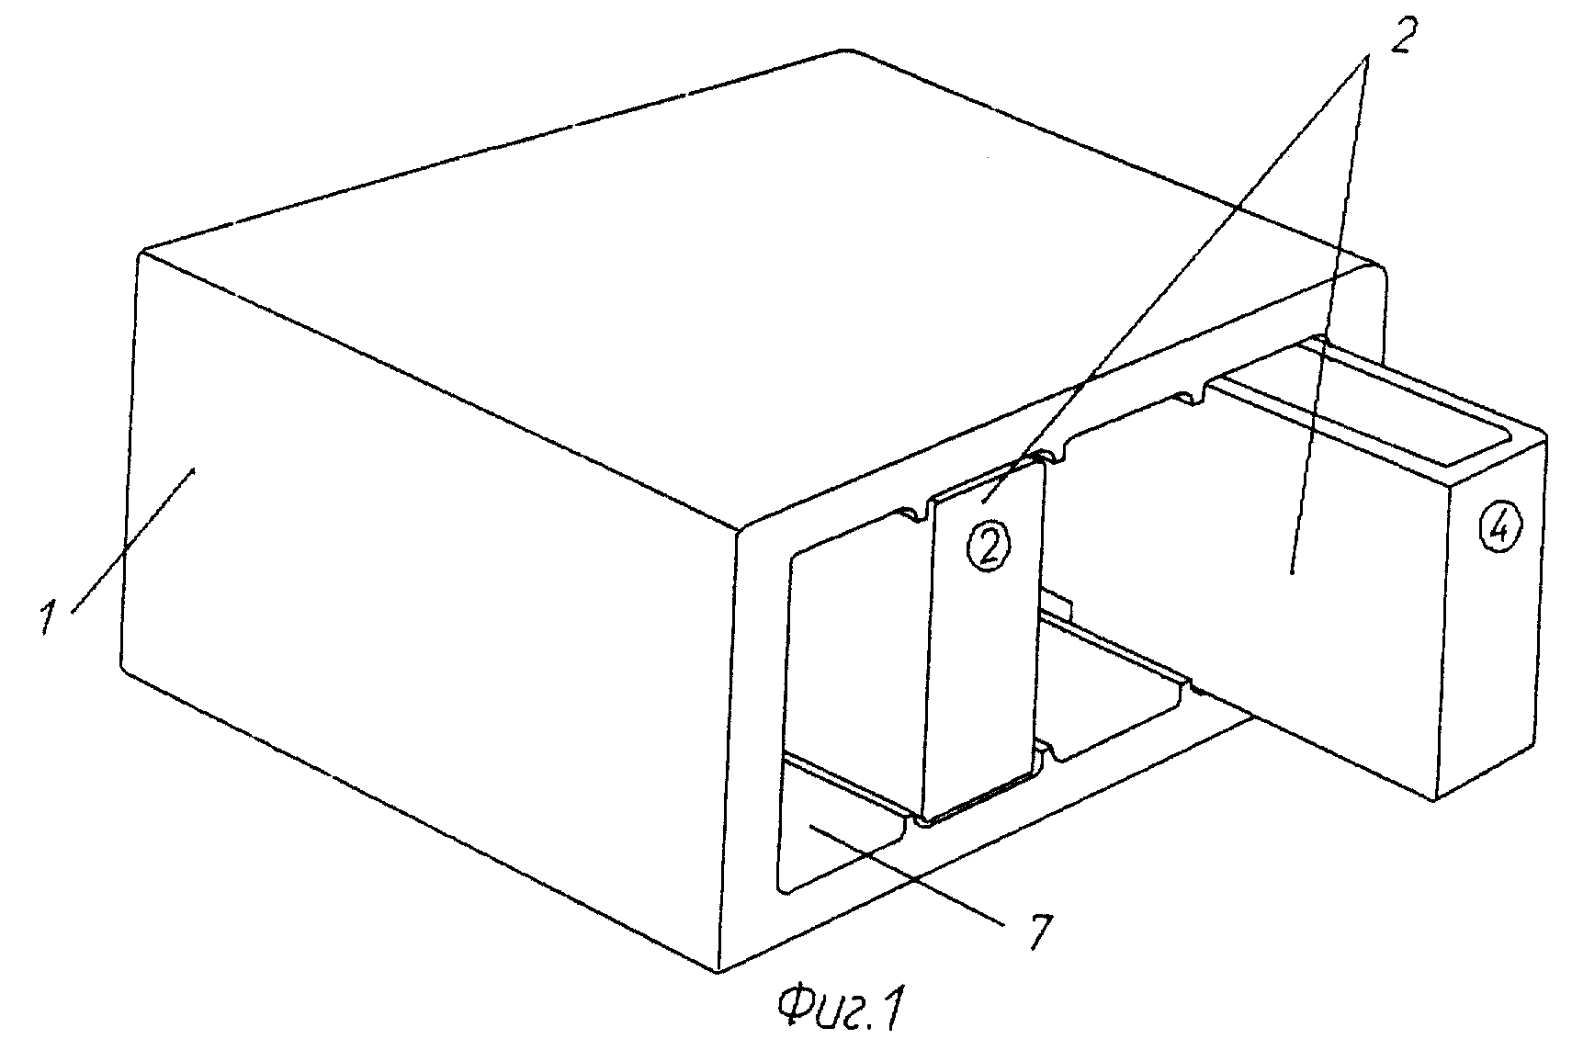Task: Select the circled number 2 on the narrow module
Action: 989,547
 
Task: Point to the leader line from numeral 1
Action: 132,542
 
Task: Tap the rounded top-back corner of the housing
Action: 845,52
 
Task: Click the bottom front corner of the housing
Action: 718,971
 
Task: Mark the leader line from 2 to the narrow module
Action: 1172,281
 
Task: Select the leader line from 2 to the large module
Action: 1328,317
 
